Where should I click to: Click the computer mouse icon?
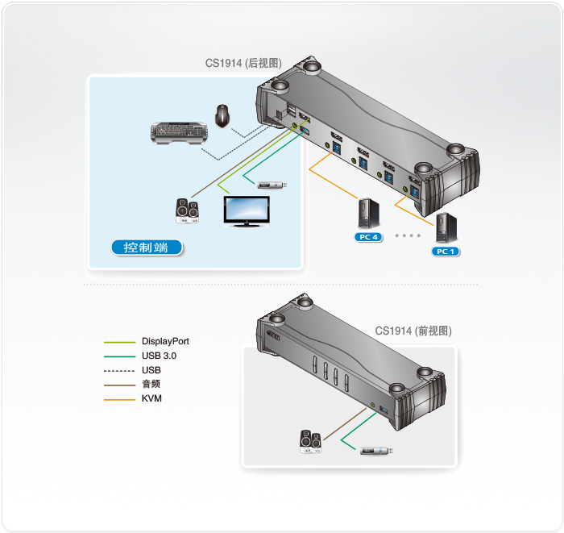click(x=223, y=116)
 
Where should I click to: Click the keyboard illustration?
click(x=181, y=132)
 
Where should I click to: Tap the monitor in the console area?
click(x=247, y=211)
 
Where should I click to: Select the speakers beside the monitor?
click(x=187, y=211)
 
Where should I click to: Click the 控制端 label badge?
click(x=146, y=248)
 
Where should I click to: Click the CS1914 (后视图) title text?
click(x=244, y=63)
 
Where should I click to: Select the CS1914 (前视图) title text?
click(x=413, y=331)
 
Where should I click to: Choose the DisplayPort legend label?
click(x=165, y=342)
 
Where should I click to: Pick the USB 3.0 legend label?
click(x=159, y=356)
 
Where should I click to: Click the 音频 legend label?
click(x=150, y=384)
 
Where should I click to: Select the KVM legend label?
click(x=151, y=398)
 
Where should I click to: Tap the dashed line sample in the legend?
click(x=118, y=370)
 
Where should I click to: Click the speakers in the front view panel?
click(x=310, y=441)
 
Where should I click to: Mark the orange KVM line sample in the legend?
click(x=118, y=398)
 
